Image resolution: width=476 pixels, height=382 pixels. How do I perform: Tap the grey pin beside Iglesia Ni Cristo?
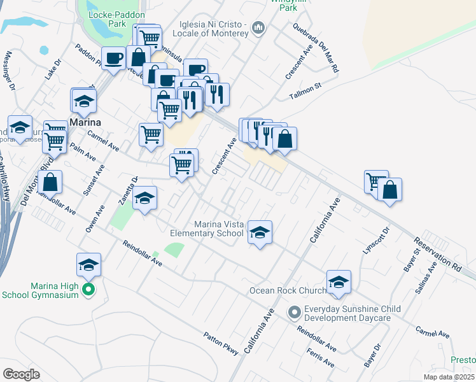point(258,27)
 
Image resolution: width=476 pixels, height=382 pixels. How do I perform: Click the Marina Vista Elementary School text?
point(219,229)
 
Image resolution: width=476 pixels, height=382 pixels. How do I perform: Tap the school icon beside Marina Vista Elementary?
point(260,233)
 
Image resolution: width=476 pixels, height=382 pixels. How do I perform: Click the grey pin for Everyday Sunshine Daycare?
point(294,313)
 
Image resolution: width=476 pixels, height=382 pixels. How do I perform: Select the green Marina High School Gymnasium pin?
point(89,291)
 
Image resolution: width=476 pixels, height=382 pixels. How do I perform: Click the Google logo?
point(21,374)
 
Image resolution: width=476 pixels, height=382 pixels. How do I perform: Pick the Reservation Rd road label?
point(436,252)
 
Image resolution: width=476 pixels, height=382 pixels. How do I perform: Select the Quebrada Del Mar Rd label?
point(316,47)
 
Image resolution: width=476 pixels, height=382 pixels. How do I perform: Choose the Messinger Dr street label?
point(9,72)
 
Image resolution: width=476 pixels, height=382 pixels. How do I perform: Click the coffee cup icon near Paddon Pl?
point(113,59)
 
